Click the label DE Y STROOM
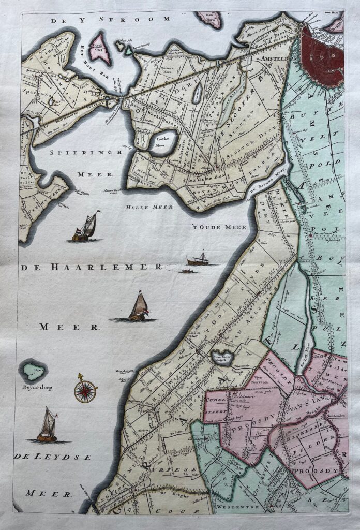(111, 20)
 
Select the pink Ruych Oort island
(99, 48)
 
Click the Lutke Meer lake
(163, 142)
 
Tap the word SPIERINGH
(85, 153)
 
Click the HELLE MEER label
(149, 207)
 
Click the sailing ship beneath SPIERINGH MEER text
(86, 228)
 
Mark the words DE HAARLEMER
(92, 267)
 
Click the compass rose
(85, 391)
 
